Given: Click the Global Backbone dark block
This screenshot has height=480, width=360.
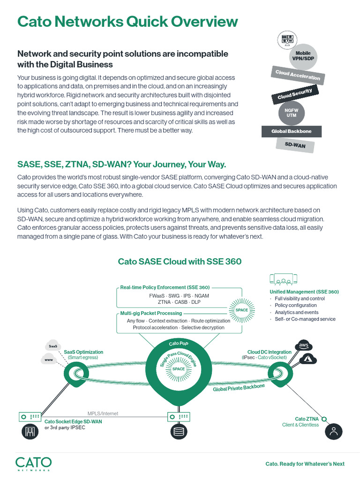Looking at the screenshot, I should coord(291,131).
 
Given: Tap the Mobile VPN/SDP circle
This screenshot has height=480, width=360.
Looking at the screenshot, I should coord(303,56).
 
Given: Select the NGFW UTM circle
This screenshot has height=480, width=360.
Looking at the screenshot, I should coord(291,112).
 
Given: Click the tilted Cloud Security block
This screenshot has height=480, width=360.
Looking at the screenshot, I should coord(294,93).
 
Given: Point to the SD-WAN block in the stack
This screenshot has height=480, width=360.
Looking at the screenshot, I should coord(295,146).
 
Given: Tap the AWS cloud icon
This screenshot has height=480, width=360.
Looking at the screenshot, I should coord(303,346).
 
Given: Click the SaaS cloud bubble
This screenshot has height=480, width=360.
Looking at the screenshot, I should coord(53,346).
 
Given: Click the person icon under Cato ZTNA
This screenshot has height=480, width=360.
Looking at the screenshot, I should coord(334,431).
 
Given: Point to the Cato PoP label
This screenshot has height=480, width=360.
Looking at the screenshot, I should coord(179,344).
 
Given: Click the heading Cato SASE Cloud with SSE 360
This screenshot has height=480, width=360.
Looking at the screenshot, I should coord(180,261).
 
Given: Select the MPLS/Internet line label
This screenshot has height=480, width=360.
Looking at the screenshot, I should coord(103,413).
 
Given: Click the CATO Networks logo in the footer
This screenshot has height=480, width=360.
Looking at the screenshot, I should coord(33,463).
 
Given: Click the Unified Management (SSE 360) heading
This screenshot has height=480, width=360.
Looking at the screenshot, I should coord(304,292).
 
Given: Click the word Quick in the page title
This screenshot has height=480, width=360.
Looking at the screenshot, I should coord(133,22).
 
